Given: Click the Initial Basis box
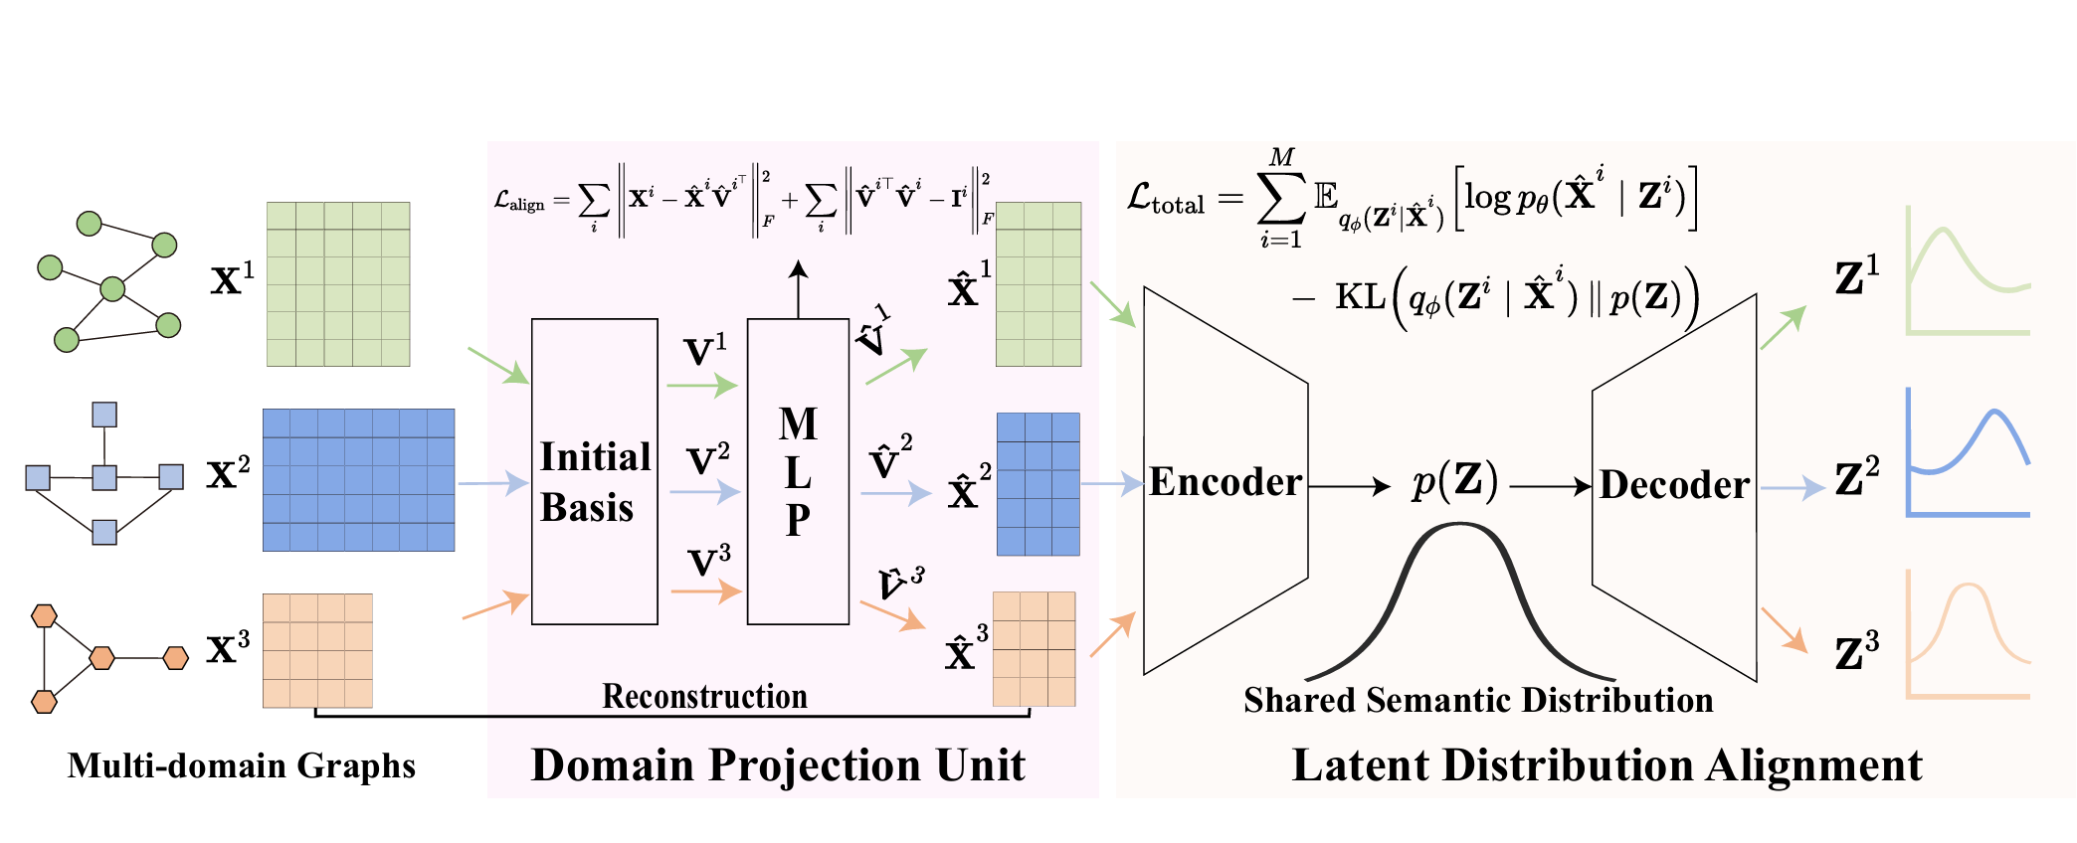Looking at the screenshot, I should tap(594, 471).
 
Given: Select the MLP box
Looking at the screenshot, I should tap(798, 471).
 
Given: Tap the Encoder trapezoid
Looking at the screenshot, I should tap(1226, 482).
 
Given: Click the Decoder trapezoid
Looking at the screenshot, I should tap(1675, 485).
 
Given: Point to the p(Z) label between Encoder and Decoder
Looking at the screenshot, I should tap(1454, 482).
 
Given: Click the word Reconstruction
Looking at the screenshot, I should tap(704, 696).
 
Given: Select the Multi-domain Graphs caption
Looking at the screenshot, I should tap(242, 765).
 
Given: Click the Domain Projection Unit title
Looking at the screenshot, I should tap(778, 765).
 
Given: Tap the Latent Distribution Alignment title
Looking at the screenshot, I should tap(1606, 765).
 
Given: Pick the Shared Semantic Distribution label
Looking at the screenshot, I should tap(1478, 700).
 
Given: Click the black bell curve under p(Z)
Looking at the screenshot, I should tap(1459, 596).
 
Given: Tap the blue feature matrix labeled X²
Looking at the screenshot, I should tap(358, 479).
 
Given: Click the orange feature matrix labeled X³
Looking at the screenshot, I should tap(317, 650).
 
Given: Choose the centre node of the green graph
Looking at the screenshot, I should tap(113, 289).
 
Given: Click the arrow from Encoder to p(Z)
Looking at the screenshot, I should tap(1349, 486).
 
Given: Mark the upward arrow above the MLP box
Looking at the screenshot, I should tap(798, 288).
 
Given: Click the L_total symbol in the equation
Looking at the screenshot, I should tap(1165, 199).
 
